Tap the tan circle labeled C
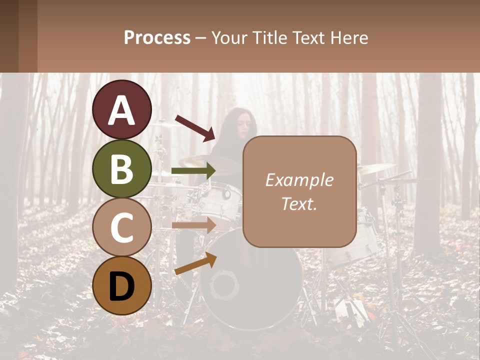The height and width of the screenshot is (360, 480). (x=122, y=227)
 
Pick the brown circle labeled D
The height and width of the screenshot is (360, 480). (x=122, y=285)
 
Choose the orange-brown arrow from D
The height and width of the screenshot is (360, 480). (x=195, y=263)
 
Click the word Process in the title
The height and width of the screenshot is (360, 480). (x=157, y=37)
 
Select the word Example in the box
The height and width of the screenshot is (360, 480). (x=299, y=180)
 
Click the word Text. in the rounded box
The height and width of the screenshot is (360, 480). (x=299, y=204)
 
